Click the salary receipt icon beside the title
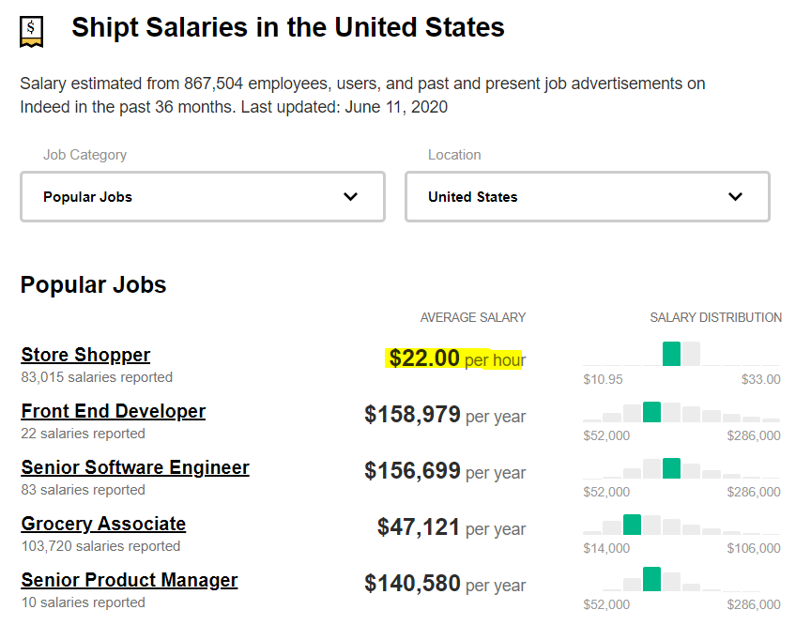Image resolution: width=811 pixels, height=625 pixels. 31,31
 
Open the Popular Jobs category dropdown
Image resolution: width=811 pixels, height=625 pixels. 203,197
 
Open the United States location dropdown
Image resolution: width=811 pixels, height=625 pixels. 587,197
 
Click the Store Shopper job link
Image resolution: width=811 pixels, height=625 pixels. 85,355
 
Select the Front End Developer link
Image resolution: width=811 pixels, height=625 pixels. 113,411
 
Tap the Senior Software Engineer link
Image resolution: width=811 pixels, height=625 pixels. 135,467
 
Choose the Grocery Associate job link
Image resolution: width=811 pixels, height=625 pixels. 103,524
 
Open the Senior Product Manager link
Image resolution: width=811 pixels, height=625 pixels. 130,580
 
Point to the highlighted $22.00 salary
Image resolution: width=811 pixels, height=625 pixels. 425,358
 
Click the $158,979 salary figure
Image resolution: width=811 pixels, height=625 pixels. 413,415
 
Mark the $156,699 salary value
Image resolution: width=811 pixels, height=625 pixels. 413,471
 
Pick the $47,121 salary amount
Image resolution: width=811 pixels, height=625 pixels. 419,527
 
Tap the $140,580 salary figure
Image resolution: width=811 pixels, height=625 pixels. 413,584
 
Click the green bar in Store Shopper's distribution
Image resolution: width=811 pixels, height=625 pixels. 671,354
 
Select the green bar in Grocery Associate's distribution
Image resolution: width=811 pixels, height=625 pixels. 632,525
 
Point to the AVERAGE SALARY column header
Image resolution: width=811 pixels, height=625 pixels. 473,317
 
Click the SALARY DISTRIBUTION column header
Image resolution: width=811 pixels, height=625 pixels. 715,317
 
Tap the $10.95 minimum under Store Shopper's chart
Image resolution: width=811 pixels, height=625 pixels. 603,379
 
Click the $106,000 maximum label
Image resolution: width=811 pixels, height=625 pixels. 753,548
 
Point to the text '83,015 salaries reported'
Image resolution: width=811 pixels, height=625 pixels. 97,377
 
